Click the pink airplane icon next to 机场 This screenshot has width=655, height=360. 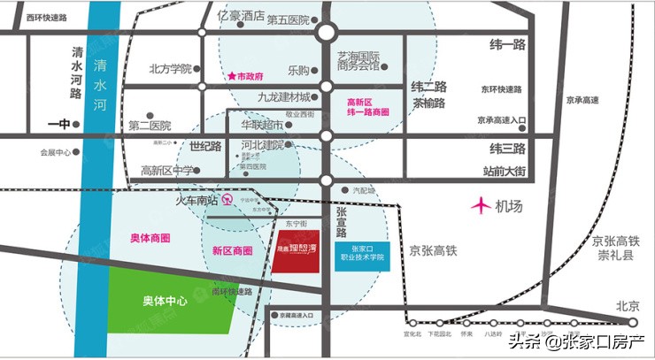[481, 206]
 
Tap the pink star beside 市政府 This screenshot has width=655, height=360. [233, 77]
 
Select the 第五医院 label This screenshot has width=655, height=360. [288, 19]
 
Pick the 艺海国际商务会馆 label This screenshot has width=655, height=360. [358, 60]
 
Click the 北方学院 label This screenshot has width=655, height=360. [170, 68]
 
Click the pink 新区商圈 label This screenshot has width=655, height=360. [233, 251]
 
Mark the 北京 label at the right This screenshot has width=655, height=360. [628, 305]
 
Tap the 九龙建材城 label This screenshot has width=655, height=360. [284, 97]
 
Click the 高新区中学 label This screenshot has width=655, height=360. [166, 171]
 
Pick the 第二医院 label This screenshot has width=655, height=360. [150, 126]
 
